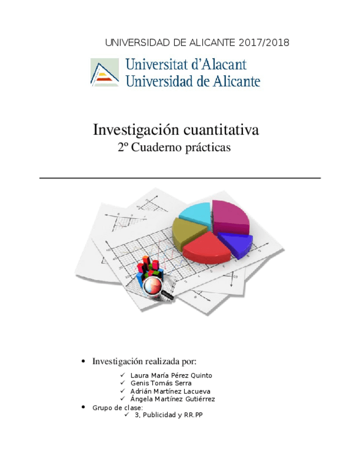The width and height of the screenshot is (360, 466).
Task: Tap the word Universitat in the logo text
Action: coord(160,64)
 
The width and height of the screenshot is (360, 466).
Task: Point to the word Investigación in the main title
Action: coord(129,131)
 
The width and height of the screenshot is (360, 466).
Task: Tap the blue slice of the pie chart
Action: coord(235,243)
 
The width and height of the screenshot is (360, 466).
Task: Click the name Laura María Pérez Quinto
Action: coord(171,375)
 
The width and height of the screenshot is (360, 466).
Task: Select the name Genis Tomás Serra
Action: coord(161,383)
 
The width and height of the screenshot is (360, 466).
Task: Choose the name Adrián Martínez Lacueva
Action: coord(170,391)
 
